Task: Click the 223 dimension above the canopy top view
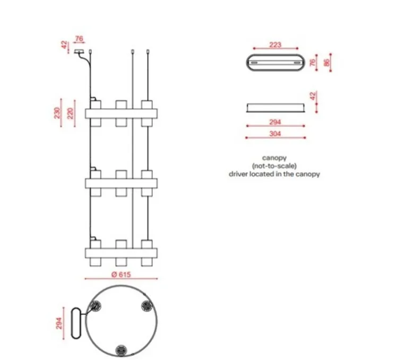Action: [274, 45]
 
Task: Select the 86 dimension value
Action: [327, 63]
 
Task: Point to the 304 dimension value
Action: [274, 134]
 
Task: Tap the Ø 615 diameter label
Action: [121, 275]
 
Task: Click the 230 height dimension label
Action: [57, 113]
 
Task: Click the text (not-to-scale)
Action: [274, 166]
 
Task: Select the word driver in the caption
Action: [238, 174]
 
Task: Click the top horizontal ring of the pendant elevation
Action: [122, 113]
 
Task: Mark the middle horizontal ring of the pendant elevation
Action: [122, 183]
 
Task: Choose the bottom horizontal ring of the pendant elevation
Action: [122, 252]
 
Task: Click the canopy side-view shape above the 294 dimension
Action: [274, 108]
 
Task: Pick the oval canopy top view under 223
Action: [274, 63]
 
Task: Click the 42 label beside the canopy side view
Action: [313, 97]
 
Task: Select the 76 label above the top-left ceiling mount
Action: [79, 38]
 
